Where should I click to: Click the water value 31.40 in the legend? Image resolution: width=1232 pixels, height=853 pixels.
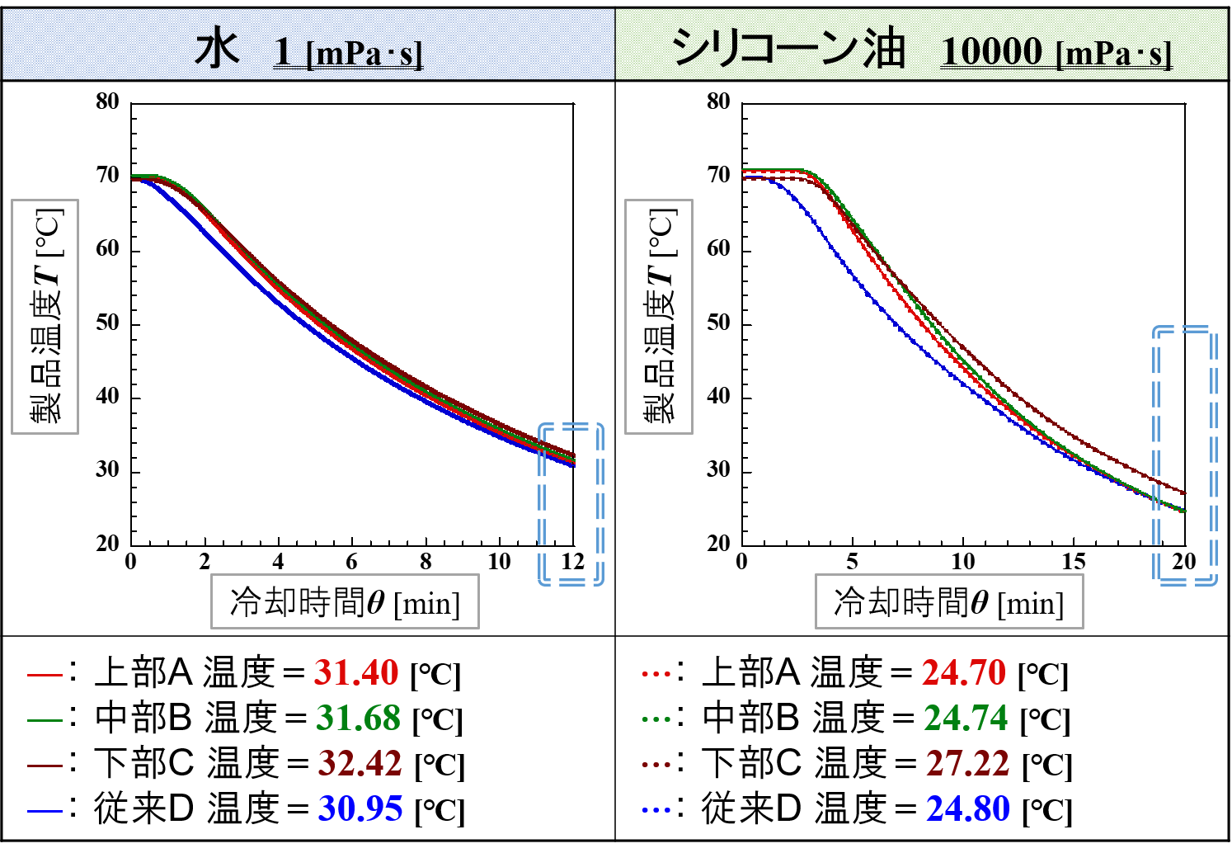pyautogui.click(x=356, y=673)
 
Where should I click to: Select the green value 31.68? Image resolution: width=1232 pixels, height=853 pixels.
pyautogui.click(x=358, y=719)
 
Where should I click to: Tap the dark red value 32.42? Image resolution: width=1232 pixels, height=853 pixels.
pyautogui.click(x=360, y=764)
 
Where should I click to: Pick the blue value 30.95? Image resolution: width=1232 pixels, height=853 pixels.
pyautogui.click(x=360, y=809)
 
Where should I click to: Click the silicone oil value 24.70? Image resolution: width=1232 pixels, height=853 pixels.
pyautogui.click(x=964, y=673)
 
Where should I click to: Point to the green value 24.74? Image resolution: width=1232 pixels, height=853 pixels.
pyautogui.click(x=966, y=719)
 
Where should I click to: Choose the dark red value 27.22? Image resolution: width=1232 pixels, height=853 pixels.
pyautogui.click(x=968, y=764)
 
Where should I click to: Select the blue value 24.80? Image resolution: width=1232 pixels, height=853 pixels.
pyautogui.click(x=968, y=809)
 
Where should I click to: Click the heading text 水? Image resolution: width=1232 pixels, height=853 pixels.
pyautogui.click(x=217, y=49)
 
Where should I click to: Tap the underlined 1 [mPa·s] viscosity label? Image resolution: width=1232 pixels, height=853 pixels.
pyautogui.click(x=348, y=52)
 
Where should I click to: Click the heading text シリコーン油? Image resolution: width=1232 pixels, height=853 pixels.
pyautogui.click(x=788, y=48)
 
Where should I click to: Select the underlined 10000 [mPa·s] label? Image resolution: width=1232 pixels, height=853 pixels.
pyautogui.click(x=1056, y=52)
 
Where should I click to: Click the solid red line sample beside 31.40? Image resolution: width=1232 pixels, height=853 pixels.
pyautogui.click(x=45, y=675)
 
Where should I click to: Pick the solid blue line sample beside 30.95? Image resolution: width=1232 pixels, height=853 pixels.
pyautogui.click(x=45, y=811)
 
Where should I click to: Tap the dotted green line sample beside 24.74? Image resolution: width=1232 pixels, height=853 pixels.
pyautogui.click(x=656, y=719)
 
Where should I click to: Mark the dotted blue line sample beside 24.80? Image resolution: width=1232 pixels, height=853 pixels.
pyautogui.click(x=656, y=810)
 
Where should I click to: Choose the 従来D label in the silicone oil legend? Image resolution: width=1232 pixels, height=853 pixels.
pyautogui.click(x=751, y=808)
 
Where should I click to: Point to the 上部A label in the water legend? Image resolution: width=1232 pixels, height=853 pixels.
pyautogui.click(x=143, y=672)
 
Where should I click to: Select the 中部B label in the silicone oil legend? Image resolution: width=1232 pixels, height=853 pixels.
pyautogui.click(x=751, y=718)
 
